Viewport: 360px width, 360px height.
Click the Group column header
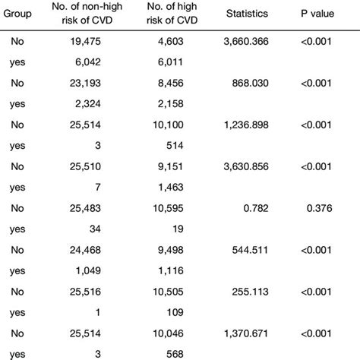pos(17,15)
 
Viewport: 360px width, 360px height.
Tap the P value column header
pos(321,15)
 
